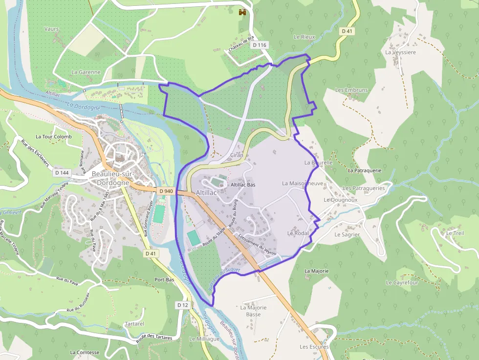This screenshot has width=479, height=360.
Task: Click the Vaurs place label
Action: click(x=51, y=29)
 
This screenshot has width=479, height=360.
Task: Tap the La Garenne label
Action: click(x=86, y=72)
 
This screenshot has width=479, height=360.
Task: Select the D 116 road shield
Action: click(x=260, y=45)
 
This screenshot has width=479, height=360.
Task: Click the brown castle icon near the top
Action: click(x=241, y=12)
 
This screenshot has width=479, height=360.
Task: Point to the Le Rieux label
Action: click(x=305, y=37)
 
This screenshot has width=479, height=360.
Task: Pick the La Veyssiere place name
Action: click(x=400, y=52)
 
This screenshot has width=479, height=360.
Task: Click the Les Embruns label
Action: click(x=351, y=90)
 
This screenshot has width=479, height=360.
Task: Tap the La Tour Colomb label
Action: click(x=53, y=137)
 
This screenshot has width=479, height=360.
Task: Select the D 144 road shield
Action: click(x=62, y=172)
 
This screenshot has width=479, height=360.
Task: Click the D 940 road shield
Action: click(x=166, y=191)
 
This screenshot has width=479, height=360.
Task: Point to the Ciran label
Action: click(x=237, y=155)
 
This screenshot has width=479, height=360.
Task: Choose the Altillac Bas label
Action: click(x=243, y=185)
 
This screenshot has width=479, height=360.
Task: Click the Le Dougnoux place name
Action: click(x=341, y=200)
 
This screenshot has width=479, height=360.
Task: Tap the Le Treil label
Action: click(x=455, y=233)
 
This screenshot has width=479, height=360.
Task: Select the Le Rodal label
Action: click(x=298, y=233)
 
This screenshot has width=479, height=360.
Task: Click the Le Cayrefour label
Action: click(x=402, y=283)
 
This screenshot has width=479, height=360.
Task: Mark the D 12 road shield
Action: click(x=182, y=305)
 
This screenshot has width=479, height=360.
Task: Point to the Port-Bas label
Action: click(x=164, y=280)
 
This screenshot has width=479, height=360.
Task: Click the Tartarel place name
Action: click(x=134, y=324)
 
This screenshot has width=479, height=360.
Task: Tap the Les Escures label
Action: click(x=314, y=347)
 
